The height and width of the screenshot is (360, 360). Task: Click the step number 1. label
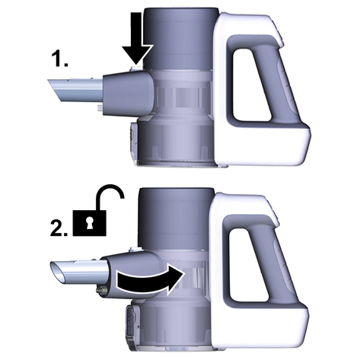tap(60, 59)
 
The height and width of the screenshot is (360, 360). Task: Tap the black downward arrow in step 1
tap(137, 37)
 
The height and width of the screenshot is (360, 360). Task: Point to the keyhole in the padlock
tap(89, 223)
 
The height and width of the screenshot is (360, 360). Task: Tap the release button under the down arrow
tap(135, 67)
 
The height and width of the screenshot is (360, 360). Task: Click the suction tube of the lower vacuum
tap(80, 272)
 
